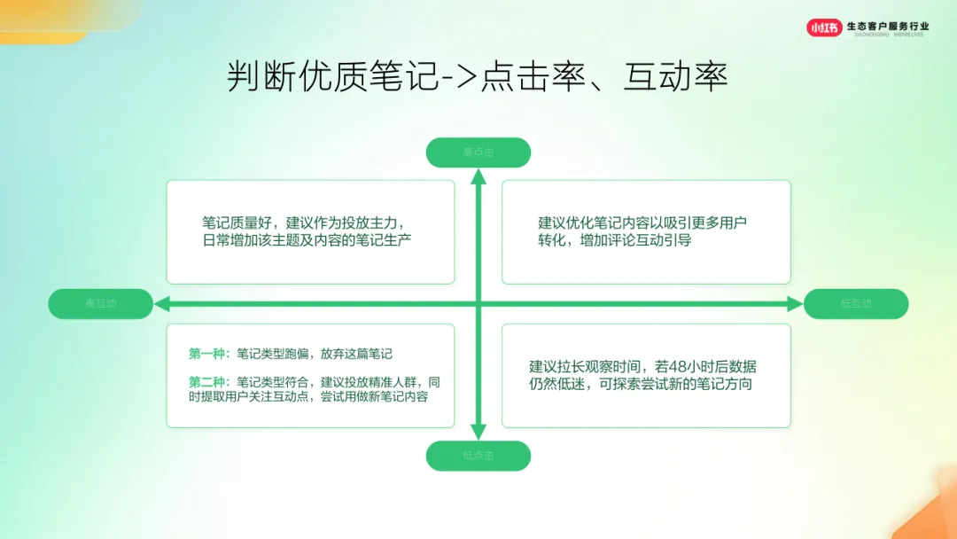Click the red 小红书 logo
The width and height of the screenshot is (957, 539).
point(824,27)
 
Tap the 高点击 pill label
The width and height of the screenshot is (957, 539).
point(478,152)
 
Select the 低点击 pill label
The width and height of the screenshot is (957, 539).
point(478,456)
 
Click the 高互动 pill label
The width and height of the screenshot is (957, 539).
point(100,303)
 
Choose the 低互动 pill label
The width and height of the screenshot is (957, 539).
point(856,303)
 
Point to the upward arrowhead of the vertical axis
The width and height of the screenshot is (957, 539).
point(478,175)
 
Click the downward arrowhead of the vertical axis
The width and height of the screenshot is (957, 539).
point(478,434)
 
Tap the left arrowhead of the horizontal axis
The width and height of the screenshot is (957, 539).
point(161,304)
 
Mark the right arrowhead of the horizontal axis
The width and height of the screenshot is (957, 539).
point(795,304)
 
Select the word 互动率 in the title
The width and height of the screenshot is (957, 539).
point(676,77)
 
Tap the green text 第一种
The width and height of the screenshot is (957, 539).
point(206,354)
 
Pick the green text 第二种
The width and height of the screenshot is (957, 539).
point(206,382)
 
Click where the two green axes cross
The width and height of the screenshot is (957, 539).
point(478,304)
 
